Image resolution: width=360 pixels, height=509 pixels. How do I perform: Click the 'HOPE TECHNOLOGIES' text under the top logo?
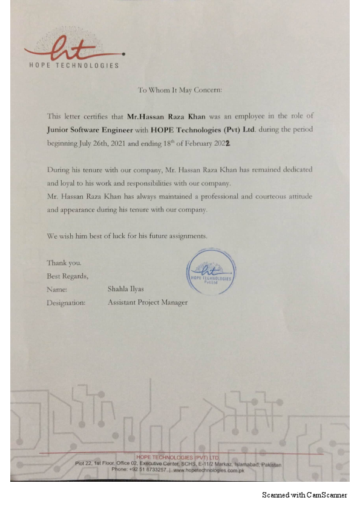click(74, 65)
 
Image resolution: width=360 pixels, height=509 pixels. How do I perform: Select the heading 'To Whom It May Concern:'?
click(180, 90)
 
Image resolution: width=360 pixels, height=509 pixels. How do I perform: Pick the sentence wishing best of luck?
click(127, 236)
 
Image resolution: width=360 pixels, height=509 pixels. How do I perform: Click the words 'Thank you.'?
click(64, 263)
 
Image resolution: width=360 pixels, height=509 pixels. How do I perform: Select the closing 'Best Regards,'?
click(68, 276)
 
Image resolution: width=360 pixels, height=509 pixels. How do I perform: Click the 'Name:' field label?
click(57, 290)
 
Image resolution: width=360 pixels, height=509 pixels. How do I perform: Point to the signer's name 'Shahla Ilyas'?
click(126, 290)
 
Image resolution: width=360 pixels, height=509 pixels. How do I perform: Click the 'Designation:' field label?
click(66, 303)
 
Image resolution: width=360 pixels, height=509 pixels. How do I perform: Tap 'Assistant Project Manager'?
click(147, 303)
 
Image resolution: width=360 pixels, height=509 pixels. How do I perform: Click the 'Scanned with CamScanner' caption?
click(304, 495)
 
